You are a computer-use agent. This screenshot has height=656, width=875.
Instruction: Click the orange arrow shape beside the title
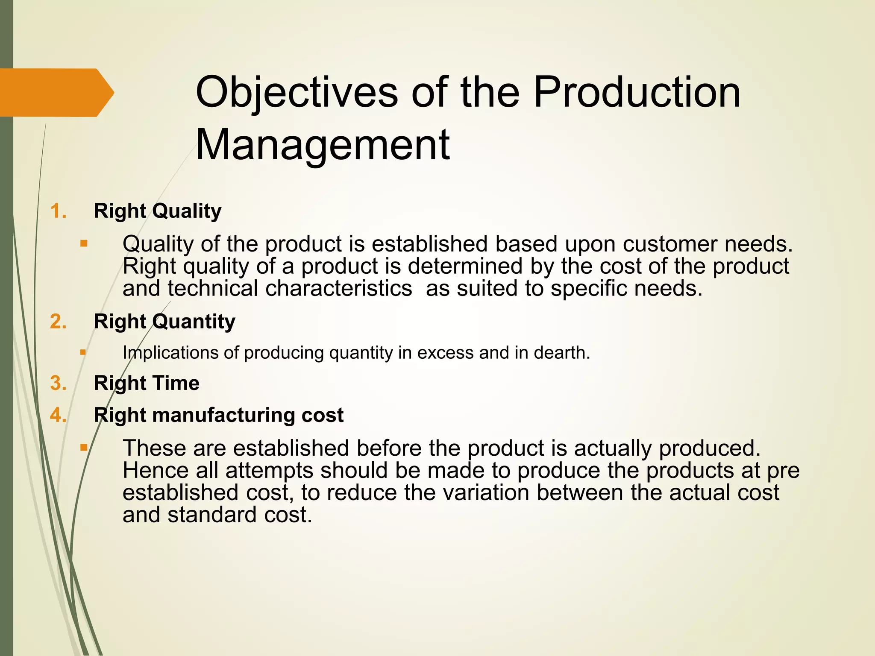pyautogui.click(x=56, y=92)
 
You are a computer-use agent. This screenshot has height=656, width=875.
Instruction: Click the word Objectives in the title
pyautogui.click(x=297, y=93)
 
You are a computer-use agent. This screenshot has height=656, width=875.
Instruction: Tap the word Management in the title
pyautogui.click(x=323, y=145)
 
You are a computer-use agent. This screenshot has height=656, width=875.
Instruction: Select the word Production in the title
pyautogui.click(x=637, y=93)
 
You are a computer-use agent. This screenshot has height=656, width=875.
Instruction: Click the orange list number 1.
pyautogui.click(x=59, y=211)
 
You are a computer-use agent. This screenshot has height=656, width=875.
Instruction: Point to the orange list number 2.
pyautogui.click(x=59, y=321)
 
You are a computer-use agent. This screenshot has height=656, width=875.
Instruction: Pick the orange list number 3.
pyautogui.click(x=59, y=383)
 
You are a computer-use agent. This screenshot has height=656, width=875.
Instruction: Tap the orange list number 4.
pyautogui.click(x=59, y=415)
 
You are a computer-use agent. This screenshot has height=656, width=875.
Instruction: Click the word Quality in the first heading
pyautogui.click(x=187, y=211)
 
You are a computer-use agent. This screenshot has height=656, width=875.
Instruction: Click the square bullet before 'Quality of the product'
pyautogui.click(x=84, y=244)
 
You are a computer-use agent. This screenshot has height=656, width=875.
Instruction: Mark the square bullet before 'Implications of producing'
pyautogui.click(x=83, y=353)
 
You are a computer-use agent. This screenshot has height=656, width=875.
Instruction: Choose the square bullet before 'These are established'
pyautogui.click(x=84, y=448)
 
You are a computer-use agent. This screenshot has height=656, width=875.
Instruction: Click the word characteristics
pyautogui.click(x=338, y=288)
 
